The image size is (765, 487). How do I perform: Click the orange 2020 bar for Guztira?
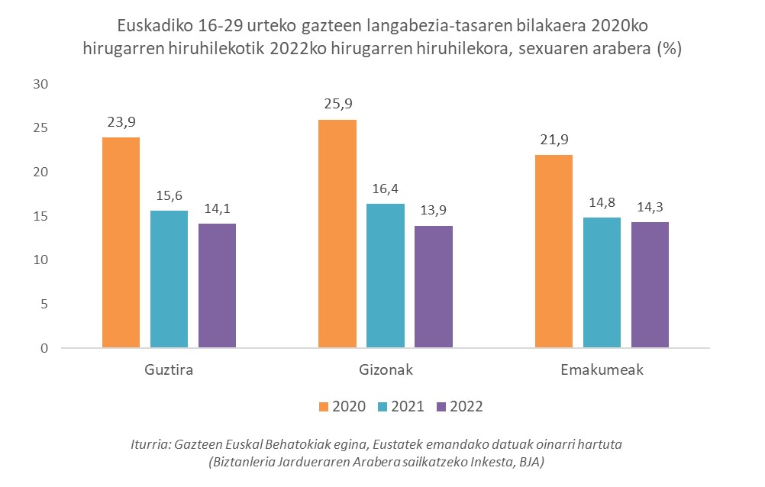pyautogui.click(x=121, y=243)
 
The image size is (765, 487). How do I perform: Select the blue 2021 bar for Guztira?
pyautogui.click(x=169, y=279)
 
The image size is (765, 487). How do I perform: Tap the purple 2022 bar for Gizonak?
pyautogui.click(x=434, y=287)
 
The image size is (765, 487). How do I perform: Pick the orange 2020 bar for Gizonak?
pyautogui.click(x=337, y=234)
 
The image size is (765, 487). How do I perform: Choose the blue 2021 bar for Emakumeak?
pyautogui.click(x=602, y=283)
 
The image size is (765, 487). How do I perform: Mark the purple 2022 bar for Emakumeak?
pyautogui.click(x=650, y=285)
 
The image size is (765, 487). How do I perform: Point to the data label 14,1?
pyautogui.click(x=217, y=208)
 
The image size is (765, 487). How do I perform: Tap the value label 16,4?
pyautogui.click(x=386, y=189)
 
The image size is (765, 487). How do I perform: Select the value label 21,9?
pyautogui.click(x=554, y=140)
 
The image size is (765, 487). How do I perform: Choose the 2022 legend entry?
pyautogui.click(x=459, y=407)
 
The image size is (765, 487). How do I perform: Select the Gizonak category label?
pyautogui.click(x=386, y=370)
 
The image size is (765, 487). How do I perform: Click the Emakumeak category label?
pyautogui.click(x=602, y=370)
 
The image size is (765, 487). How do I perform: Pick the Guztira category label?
pyautogui.click(x=169, y=370)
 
